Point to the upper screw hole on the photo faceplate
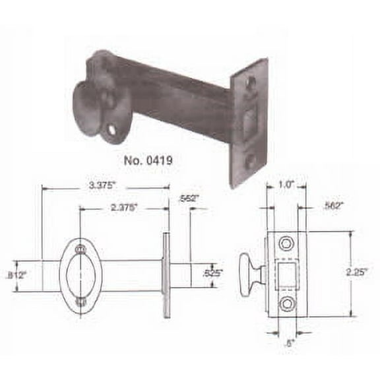[251, 84]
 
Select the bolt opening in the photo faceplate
[250, 123]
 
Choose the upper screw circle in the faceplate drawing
[285, 244]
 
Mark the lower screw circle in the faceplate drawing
[285, 304]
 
